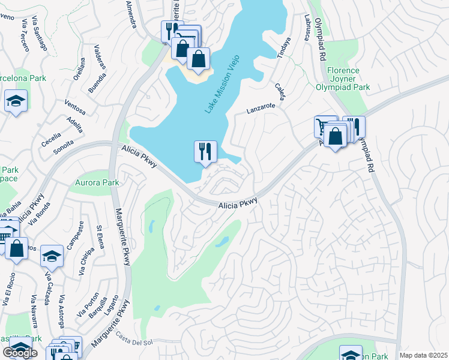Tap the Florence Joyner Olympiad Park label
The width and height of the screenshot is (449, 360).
click(x=343, y=79)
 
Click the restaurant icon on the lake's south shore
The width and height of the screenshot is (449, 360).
click(x=205, y=152)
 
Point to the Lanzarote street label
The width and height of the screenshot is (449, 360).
click(x=261, y=109)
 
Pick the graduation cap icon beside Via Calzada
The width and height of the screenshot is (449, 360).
click(x=52, y=257)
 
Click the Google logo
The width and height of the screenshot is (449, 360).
click(x=20, y=353)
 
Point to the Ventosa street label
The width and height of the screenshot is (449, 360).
click(x=74, y=109)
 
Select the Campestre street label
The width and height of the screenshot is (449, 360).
click(x=75, y=237)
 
